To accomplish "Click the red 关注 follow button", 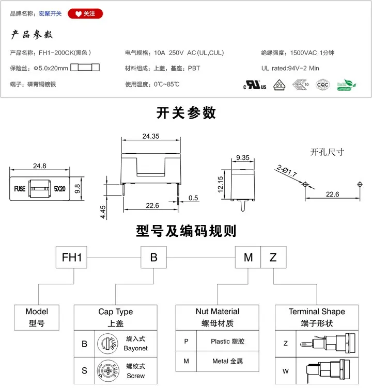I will click(85, 14).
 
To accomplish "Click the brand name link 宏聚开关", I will click(50, 14).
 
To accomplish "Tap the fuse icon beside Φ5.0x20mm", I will click(85, 68).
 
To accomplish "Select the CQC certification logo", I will click(322, 85).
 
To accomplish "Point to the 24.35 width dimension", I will click(150, 136).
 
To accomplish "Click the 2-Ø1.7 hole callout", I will click(286, 170).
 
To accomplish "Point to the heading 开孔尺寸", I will click(327, 152).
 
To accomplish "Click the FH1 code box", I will click(72, 257).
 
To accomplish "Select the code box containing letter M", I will click(248, 257).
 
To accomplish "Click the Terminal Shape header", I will click(317, 312).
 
